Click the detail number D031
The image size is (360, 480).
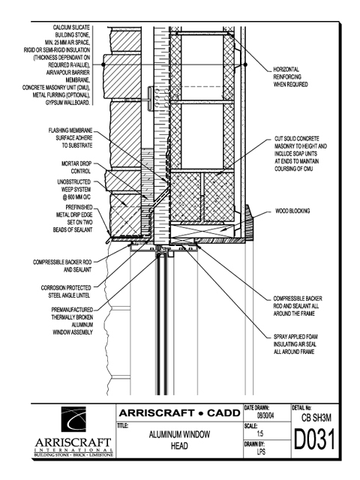click(x=314, y=439)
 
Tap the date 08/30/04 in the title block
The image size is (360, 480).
click(x=265, y=416)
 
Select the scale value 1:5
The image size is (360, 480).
click(x=260, y=433)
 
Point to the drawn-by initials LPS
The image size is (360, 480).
click(x=261, y=451)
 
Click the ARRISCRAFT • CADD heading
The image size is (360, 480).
click(x=180, y=413)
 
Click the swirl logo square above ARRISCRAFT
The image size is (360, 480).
click(x=73, y=419)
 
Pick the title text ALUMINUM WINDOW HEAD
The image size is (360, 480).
click(x=179, y=440)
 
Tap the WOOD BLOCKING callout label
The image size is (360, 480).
click(x=292, y=211)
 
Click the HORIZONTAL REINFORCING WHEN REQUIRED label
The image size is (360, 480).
click(x=290, y=76)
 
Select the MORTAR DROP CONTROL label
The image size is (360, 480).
click(x=76, y=167)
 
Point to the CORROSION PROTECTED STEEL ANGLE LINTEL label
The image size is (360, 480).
click(x=66, y=292)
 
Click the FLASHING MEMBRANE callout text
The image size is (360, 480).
click(x=70, y=138)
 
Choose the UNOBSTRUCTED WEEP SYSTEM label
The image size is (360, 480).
click(x=74, y=190)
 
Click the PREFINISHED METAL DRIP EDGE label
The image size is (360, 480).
click(x=73, y=218)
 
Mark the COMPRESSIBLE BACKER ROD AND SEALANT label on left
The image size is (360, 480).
click(x=62, y=266)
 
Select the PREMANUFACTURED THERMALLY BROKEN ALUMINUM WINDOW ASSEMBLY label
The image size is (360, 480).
click(x=72, y=321)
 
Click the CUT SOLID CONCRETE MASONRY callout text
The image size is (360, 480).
click(x=301, y=154)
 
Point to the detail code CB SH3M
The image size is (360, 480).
click(x=316, y=418)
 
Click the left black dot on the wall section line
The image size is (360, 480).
click(x=103, y=64)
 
